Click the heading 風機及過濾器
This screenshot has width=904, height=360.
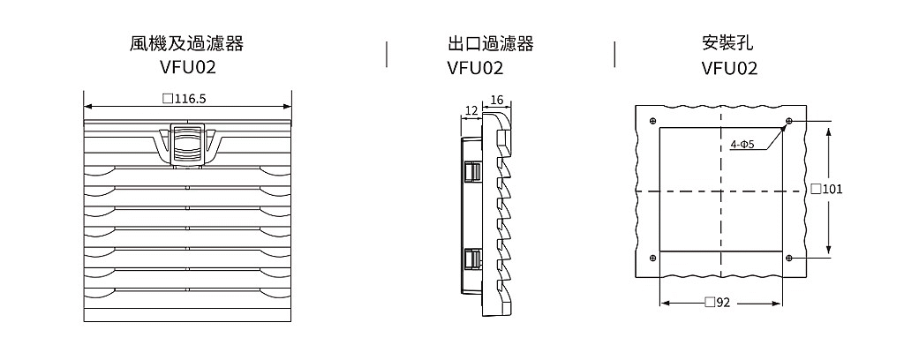[187, 44]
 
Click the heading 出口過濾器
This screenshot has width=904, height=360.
[491, 44]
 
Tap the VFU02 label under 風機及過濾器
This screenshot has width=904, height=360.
[187, 68]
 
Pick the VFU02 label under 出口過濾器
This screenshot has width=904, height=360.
[475, 68]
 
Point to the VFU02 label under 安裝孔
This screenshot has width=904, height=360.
[729, 68]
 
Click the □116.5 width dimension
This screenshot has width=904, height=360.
[185, 99]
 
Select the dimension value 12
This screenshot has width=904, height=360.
[471, 110]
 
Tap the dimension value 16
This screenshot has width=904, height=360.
[496, 101]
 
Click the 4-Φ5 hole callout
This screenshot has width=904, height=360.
[742, 145]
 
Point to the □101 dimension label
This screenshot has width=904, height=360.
[826, 189]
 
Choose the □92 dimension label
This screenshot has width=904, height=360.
[717, 303]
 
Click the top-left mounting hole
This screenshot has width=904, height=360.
[652, 121]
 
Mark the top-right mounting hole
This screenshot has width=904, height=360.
[789, 121]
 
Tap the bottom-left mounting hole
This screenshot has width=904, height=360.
[652, 258]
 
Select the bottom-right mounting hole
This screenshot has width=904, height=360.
[789, 258]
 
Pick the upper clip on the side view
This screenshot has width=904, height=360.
[471, 173]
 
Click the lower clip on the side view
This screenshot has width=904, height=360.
[471, 259]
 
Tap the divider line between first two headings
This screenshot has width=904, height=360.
[387, 54]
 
